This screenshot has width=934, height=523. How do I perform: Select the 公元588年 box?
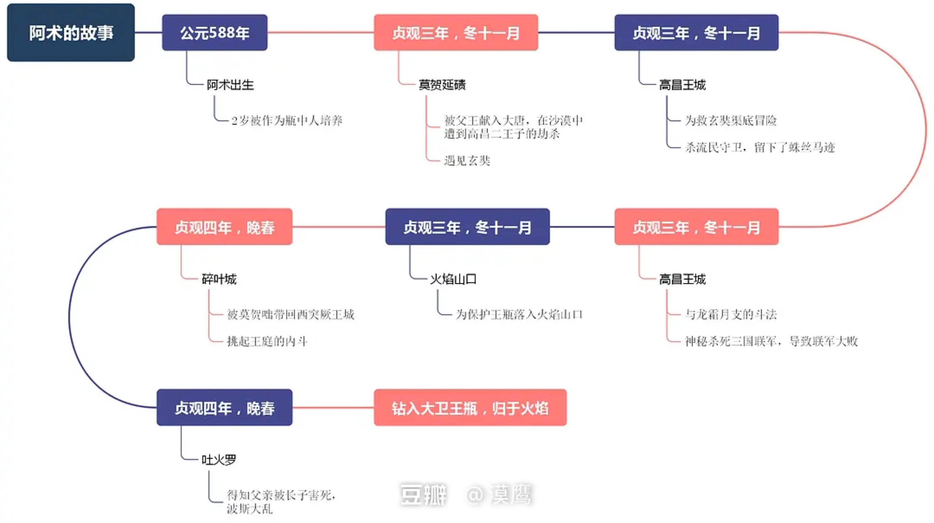pos(215,33)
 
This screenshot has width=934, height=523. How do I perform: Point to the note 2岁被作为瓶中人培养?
pos(287,120)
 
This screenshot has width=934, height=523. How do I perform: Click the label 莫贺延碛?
pos(442,85)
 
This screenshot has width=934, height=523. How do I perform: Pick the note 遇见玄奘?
pos(467,160)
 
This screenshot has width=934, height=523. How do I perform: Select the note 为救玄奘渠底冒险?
pos(730,120)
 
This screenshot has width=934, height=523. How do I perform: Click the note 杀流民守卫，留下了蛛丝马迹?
pos(760,147)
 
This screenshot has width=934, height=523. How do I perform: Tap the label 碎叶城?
pos(219,279)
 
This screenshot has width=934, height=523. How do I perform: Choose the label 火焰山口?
pos(453,279)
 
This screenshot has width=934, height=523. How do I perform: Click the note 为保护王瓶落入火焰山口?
pos(519,314)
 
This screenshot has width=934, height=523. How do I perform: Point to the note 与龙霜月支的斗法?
pos(730,314)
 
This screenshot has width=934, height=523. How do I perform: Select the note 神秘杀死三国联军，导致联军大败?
pos(771,341)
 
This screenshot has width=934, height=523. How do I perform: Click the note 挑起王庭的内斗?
pos(267,341)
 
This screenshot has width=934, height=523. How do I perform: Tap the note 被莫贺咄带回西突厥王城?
pos(290,314)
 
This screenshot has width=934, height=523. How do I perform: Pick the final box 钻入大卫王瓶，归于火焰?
pos(470,408)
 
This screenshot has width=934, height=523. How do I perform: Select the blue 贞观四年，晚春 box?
pos(225,408)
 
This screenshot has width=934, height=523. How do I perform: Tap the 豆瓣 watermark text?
pos(423,494)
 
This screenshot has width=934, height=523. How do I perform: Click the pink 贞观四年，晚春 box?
pos(225,227)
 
